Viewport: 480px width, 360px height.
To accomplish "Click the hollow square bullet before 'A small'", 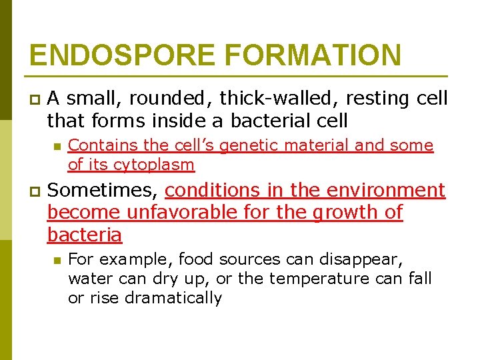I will click(33, 99).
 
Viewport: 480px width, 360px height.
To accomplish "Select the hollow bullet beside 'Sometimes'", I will click(33, 192).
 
